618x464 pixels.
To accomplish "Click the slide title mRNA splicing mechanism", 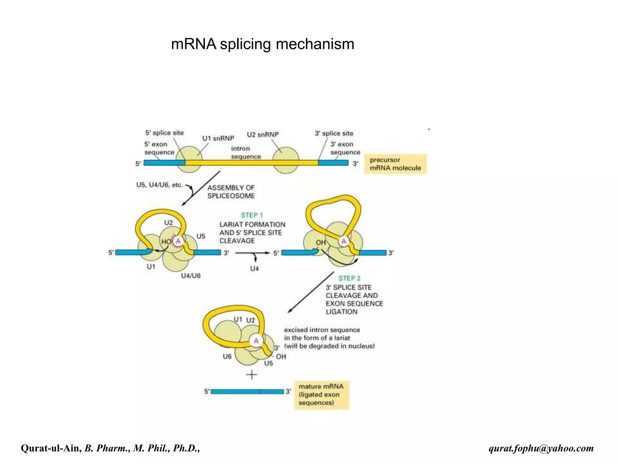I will click(x=263, y=44).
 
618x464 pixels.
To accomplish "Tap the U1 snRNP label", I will click(x=218, y=138).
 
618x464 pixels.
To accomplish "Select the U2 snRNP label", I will click(x=263, y=134).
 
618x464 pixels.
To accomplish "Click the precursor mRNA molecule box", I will click(x=395, y=164).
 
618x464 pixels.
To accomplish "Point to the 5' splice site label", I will click(x=164, y=133).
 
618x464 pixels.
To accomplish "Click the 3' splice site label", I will click(x=334, y=134).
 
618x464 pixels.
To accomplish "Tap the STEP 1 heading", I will click(x=252, y=215).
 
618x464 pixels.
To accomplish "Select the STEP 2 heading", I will click(x=349, y=278).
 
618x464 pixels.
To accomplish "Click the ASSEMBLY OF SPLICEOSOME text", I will click(x=231, y=192).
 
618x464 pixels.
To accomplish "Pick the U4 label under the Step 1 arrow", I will click(x=254, y=269).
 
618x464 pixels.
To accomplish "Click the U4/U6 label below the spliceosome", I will click(x=190, y=275).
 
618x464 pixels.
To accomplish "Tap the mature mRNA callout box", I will click(x=322, y=395).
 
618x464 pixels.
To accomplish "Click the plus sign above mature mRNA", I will click(x=252, y=375).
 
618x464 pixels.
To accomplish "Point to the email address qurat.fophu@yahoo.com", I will click(x=541, y=448).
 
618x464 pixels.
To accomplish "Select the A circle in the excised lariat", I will click(x=256, y=341).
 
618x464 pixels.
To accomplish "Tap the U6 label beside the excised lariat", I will click(x=227, y=356).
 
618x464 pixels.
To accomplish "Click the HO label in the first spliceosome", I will click(x=166, y=242).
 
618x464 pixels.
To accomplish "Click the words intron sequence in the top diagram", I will click(x=246, y=153).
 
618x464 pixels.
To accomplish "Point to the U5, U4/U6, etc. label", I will click(x=159, y=185).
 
